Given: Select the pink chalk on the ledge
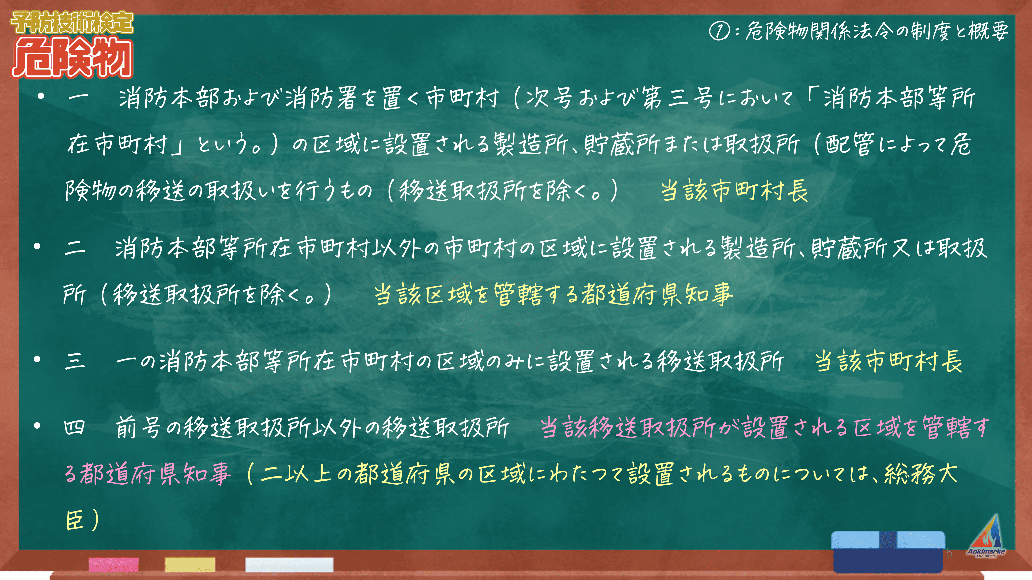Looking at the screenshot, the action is click(114, 564).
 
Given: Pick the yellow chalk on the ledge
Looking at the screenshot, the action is click(190, 564).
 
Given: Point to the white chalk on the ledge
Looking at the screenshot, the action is click(289, 564).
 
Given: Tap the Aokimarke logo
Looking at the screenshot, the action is click(986, 536).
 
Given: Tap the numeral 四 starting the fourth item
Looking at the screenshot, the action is click(75, 427).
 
